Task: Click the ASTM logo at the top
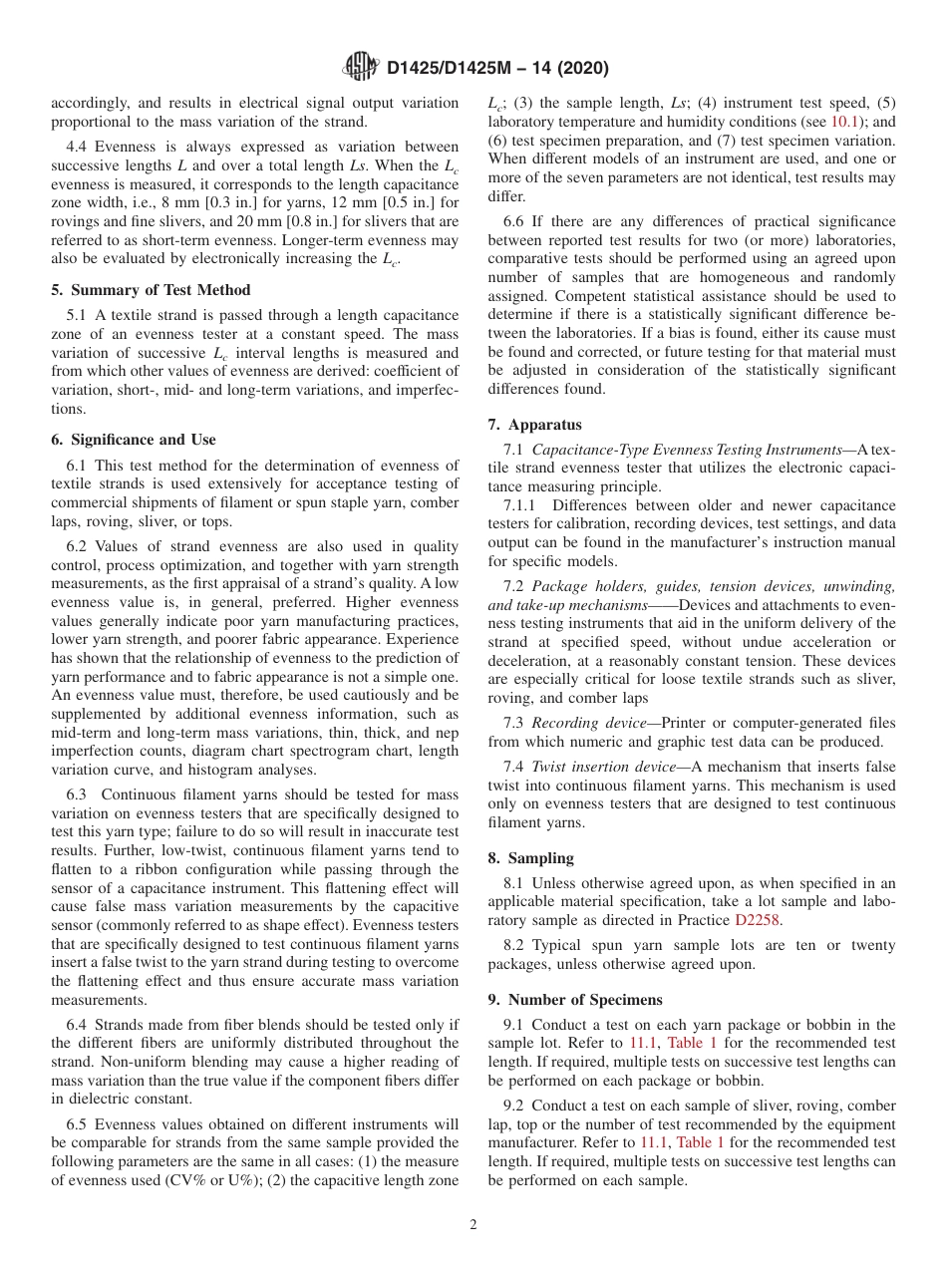(x=361, y=68)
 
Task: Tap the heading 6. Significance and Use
(x=133, y=440)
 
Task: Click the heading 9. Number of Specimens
(x=574, y=1000)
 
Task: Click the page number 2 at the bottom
(x=473, y=1224)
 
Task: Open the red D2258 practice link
(x=759, y=919)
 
